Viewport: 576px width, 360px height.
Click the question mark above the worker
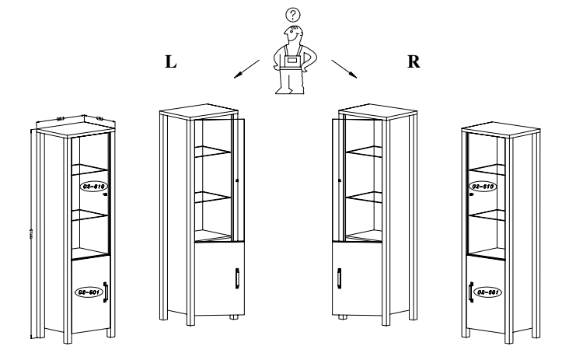click(291, 14)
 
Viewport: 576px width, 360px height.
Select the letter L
click(170, 63)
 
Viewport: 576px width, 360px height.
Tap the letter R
click(414, 63)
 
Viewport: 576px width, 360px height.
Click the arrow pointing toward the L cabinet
click(246, 68)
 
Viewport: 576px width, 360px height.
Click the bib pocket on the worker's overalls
click(293, 62)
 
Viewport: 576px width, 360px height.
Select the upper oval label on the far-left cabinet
click(92, 187)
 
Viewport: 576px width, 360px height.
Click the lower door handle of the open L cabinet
click(235, 278)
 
